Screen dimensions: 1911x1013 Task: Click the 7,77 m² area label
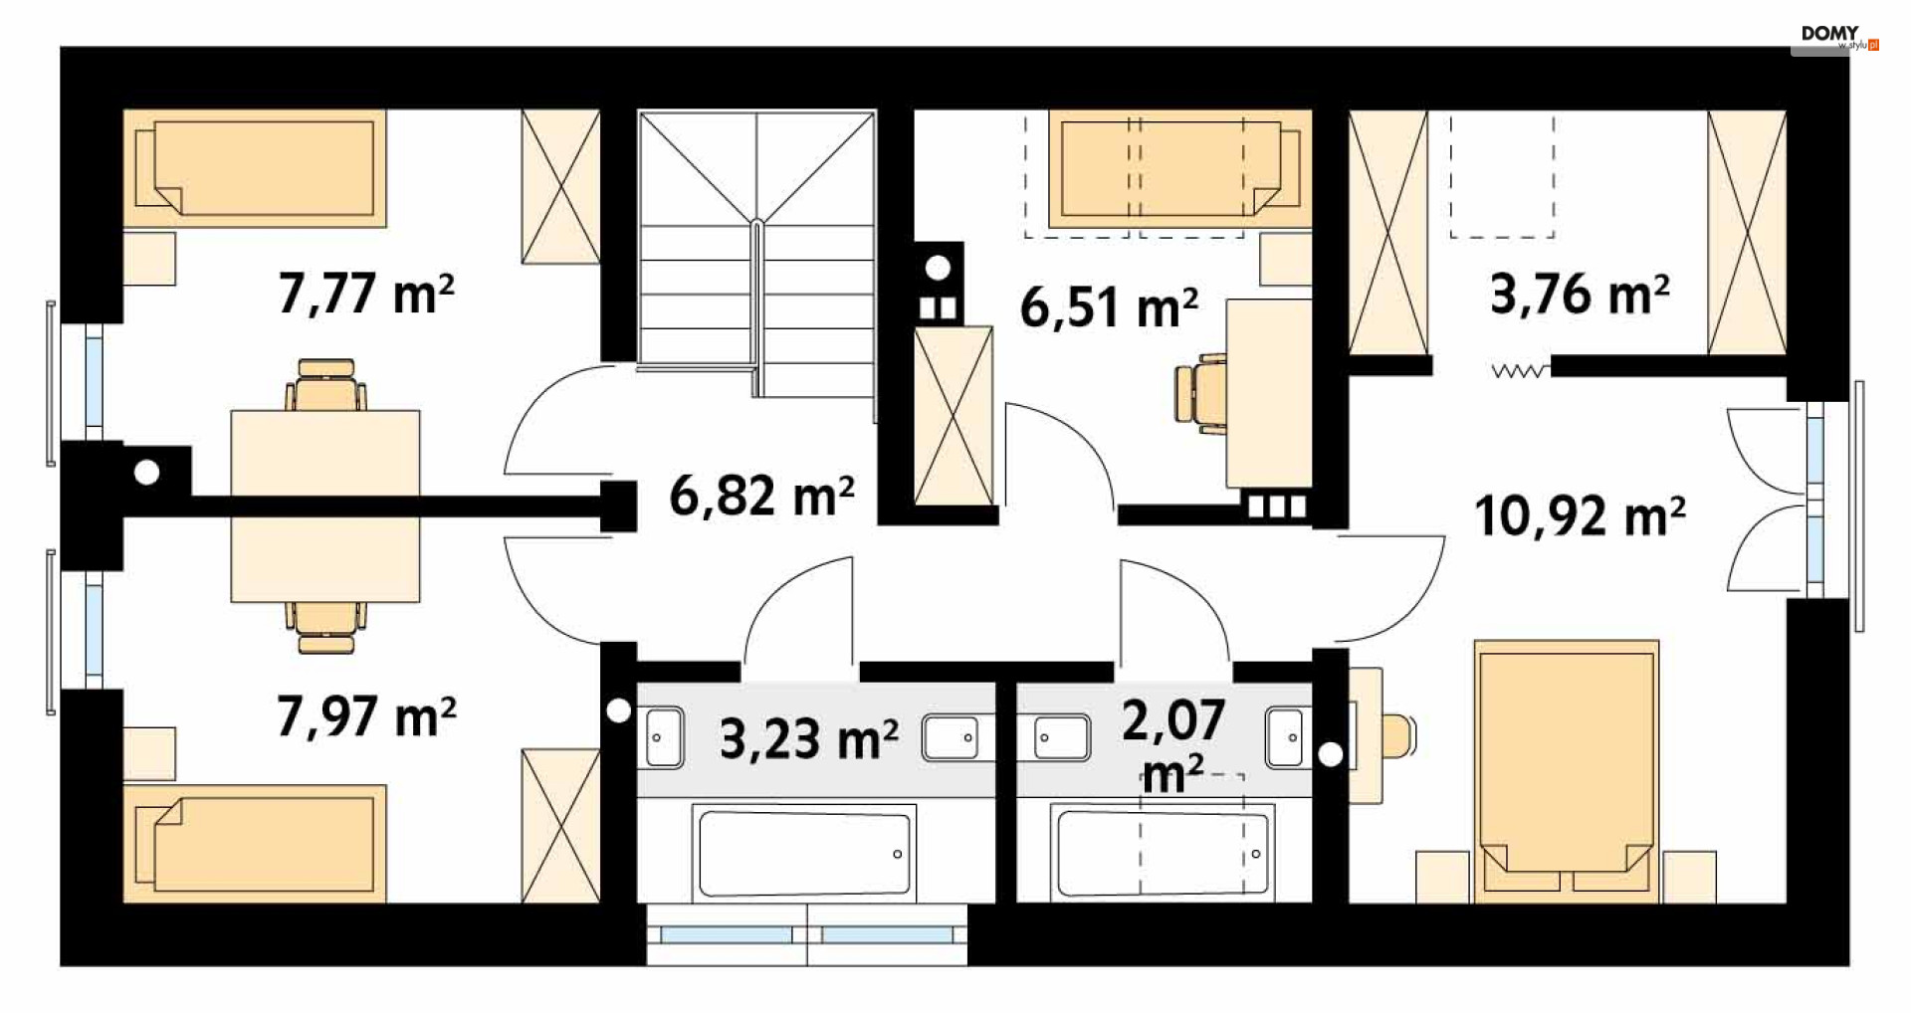[x=366, y=294]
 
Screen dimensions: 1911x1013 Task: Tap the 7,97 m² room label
[x=366, y=716]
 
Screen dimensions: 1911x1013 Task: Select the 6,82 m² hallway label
[x=761, y=495]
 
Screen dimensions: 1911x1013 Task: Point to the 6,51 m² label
[x=1109, y=306]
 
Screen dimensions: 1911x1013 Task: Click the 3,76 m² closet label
[x=1580, y=294]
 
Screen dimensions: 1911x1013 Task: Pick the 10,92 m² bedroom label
[x=1580, y=516]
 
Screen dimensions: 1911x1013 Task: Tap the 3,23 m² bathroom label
[x=808, y=739]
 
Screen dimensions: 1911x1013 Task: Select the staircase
[x=756, y=254]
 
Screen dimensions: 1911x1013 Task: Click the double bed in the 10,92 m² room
[x=1567, y=771]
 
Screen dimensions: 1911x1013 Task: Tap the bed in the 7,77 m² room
[x=255, y=168]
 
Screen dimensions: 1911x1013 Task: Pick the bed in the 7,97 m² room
[x=255, y=844]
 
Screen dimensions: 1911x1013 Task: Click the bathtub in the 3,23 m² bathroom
[x=804, y=854]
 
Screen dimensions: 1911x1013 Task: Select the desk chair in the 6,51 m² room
[x=1200, y=393]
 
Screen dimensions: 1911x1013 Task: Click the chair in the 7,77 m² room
[x=325, y=385]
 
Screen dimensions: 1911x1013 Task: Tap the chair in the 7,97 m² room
[x=325, y=628]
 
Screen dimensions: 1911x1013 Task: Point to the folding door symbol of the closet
[x=1520, y=370]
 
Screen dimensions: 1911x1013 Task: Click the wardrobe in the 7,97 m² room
[x=561, y=826]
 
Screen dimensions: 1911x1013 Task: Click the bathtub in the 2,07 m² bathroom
[x=1164, y=854]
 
